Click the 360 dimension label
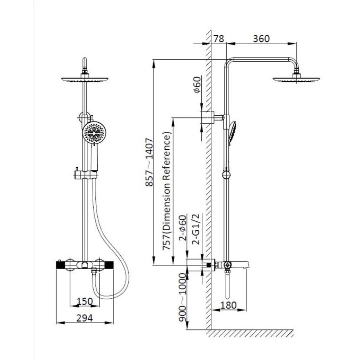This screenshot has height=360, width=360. [x=261, y=39]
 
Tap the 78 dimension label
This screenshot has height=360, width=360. [x=219, y=39]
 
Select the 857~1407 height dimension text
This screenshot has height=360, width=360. [x=149, y=162]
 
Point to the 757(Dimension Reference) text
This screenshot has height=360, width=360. [x=166, y=191]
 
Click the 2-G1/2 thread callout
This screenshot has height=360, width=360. [x=197, y=229]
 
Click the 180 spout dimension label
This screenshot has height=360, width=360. [x=228, y=305]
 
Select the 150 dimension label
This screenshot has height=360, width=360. [x=85, y=301]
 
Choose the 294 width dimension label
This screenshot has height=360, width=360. [x=85, y=318]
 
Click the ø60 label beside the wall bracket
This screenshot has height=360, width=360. [x=197, y=85]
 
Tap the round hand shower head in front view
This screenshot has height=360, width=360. [x=94, y=132]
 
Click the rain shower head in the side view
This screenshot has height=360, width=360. [x=296, y=78]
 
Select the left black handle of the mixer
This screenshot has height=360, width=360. [x=60, y=265]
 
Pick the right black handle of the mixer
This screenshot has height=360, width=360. [x=109, y=265]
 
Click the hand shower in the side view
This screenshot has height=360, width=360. [x=232, y=133]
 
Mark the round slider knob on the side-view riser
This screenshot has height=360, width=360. [x=226, y=175]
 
